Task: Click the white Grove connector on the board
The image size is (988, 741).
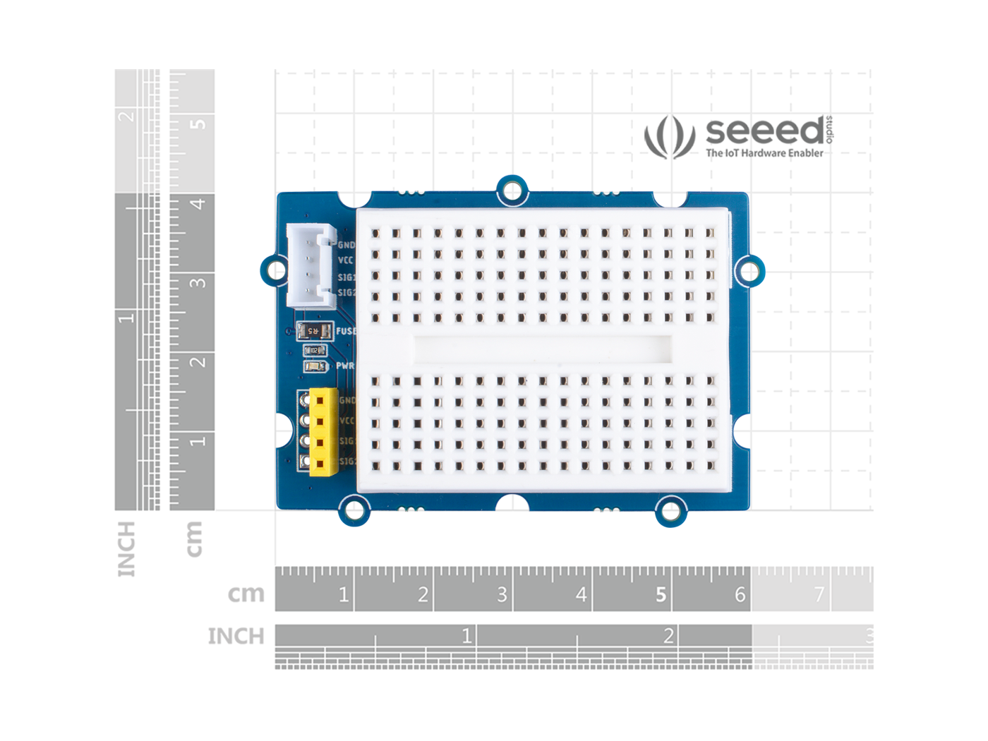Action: click(x=311, y=267)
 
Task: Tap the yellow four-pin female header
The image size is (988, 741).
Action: click(x=323, y=431)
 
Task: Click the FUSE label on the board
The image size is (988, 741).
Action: click(x=346, y=330)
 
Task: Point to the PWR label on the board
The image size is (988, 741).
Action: click(x=344, y=366)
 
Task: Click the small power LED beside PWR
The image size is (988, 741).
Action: click(x=315, y=366)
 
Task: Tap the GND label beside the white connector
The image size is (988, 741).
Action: click(x=346, y=245)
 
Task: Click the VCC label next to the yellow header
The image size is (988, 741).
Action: click(x=346, y=421)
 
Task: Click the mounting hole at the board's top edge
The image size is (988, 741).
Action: click(x=512, y=191)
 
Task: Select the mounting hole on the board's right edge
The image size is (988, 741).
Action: click(x=749, y=270)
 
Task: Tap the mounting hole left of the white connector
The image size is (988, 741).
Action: click(x=275, y=270)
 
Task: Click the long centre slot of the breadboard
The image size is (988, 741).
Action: click(x=541, y=349)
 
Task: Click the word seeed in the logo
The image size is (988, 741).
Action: click(x=764, y=131)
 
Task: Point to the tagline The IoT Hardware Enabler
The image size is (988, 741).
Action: click(x=764, y=153)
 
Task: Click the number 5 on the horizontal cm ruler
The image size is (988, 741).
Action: click(x=661, y=595)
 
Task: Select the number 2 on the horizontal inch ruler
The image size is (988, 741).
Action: click(x=668, y=636)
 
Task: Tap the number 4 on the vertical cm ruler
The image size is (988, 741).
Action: click(x=198, y=204)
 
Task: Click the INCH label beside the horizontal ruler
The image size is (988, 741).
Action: click(x=235, y=636)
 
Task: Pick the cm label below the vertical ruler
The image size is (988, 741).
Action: click(x=193, y=539)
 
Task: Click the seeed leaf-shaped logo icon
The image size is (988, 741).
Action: click(x=669, y=136)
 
